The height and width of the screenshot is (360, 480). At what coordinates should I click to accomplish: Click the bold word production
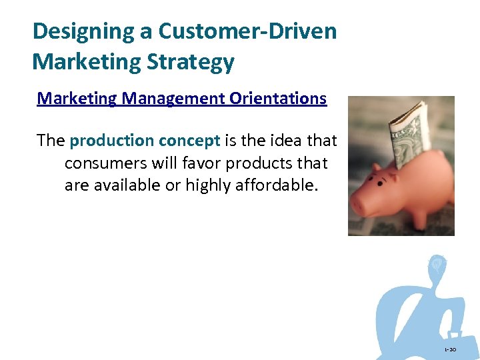(x=111, y=141)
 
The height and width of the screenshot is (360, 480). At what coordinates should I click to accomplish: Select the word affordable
(x=274, y=185)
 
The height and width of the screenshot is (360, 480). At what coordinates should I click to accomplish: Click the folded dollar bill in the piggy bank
(x=409, y=133)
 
